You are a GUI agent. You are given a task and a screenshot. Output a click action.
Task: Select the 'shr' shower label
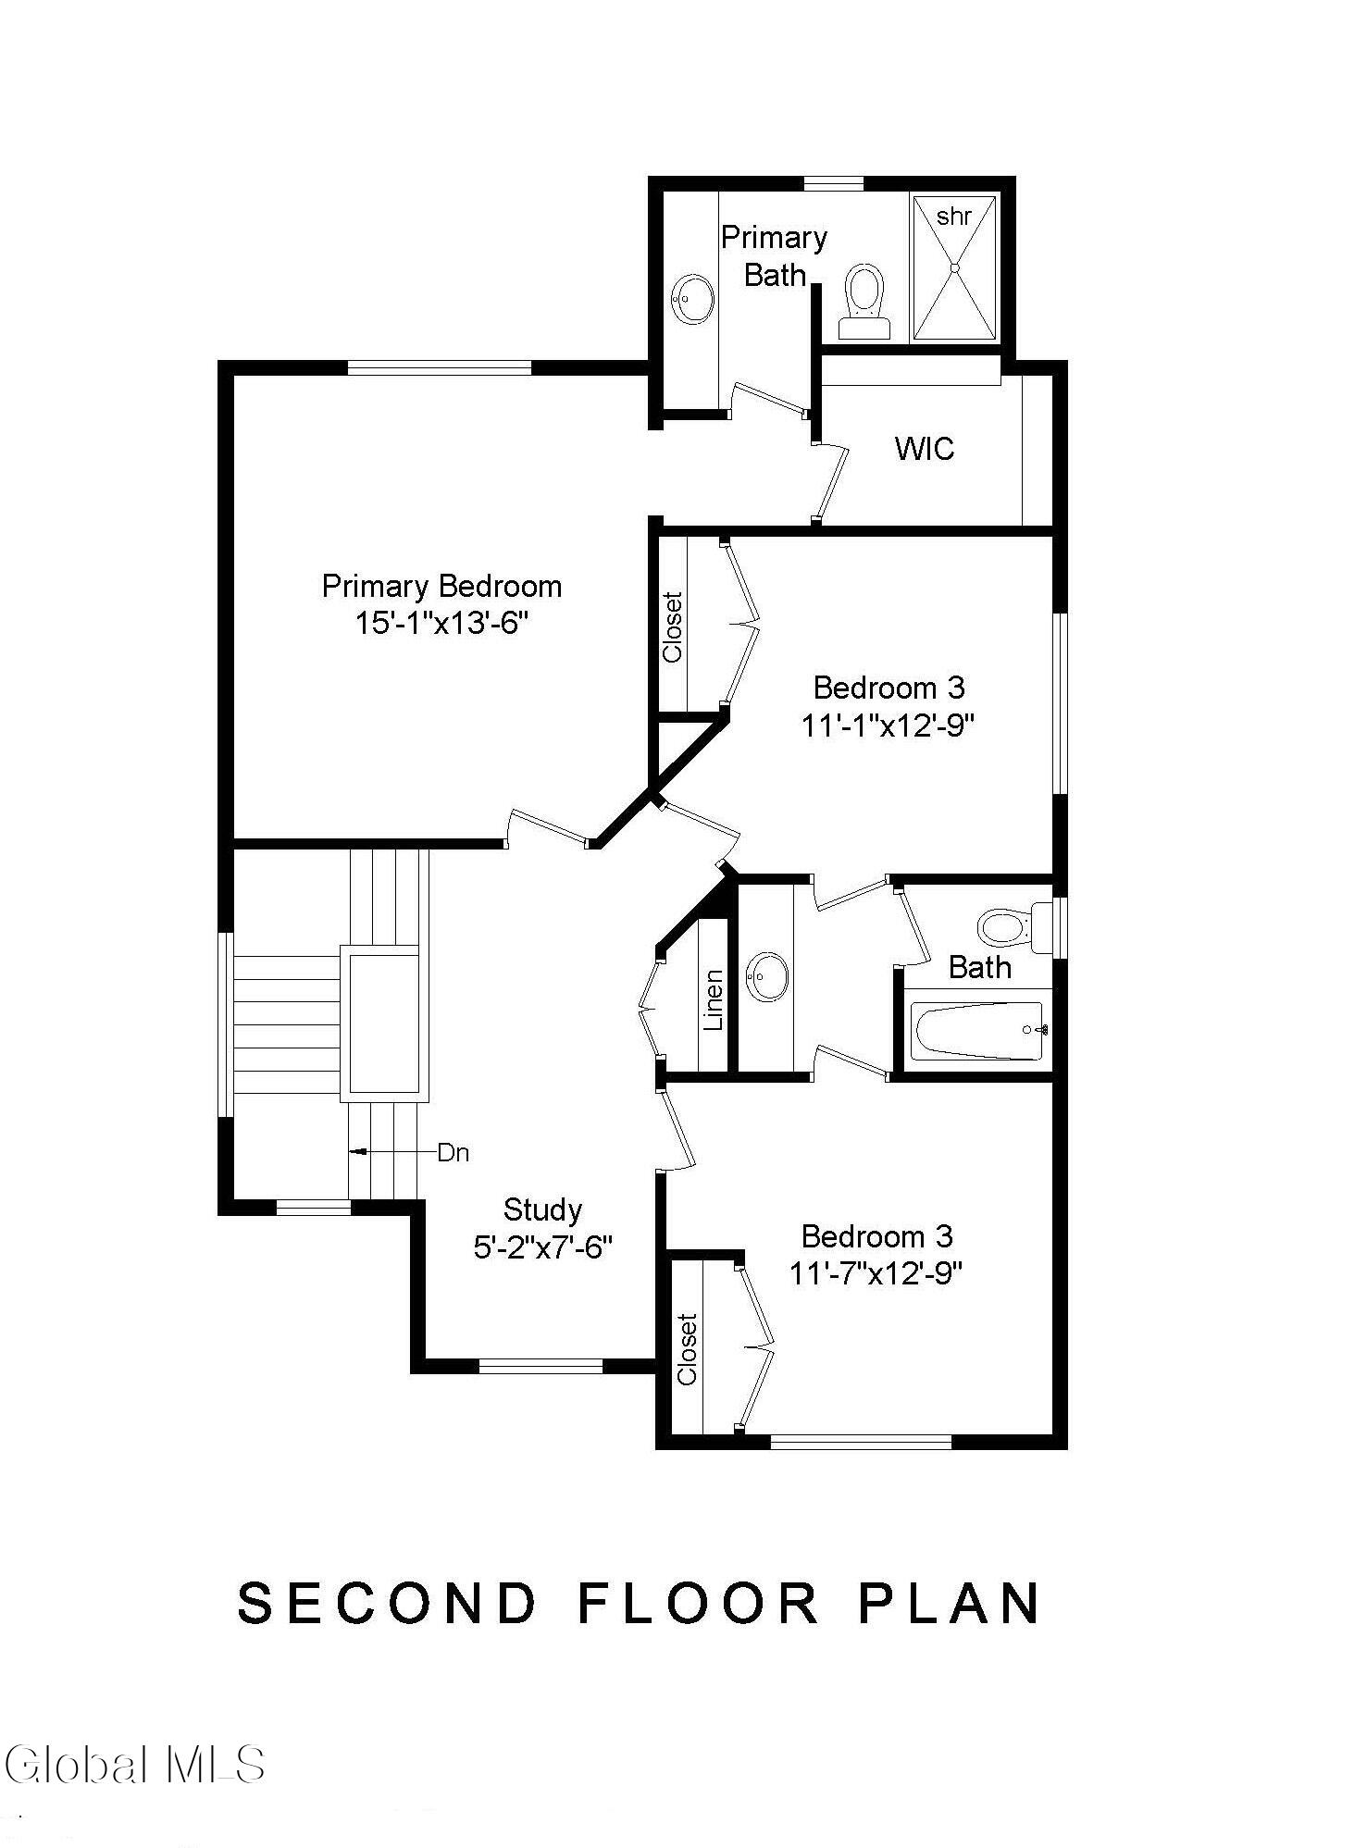(x=953, y=217)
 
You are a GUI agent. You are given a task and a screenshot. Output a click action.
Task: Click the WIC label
(x=925, y=449)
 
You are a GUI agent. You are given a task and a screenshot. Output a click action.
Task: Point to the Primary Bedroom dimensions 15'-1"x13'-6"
(x=441, y=623)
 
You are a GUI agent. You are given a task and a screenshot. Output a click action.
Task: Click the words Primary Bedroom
(x=441, y=586)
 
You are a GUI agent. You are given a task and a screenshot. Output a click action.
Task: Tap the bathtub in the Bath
(x=979, y=1031)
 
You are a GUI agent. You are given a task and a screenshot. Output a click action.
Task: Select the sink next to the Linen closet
(x=766, y=976)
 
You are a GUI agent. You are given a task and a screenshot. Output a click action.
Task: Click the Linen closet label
(x=713, y=1000)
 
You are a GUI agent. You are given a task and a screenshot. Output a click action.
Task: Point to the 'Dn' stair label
(x=453, y=1153)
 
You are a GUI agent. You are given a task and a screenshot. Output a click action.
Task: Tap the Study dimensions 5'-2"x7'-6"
(x=543, y=1248)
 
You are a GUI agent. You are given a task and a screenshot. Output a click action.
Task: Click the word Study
(x=542, y=1209)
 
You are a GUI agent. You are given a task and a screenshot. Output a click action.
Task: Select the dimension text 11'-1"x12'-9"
(x=889, y=726)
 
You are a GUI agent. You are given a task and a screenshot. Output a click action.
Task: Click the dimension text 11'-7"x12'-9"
(x=876, y=1274)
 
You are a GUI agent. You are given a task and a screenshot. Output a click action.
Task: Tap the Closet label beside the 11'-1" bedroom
(x=673, y=627)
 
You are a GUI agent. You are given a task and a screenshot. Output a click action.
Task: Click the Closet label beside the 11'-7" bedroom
(x=687, y=1349)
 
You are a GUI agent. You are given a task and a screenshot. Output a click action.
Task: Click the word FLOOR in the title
(x=699, y=1603)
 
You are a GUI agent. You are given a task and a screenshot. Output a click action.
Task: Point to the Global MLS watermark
(x=135, y=1764)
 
